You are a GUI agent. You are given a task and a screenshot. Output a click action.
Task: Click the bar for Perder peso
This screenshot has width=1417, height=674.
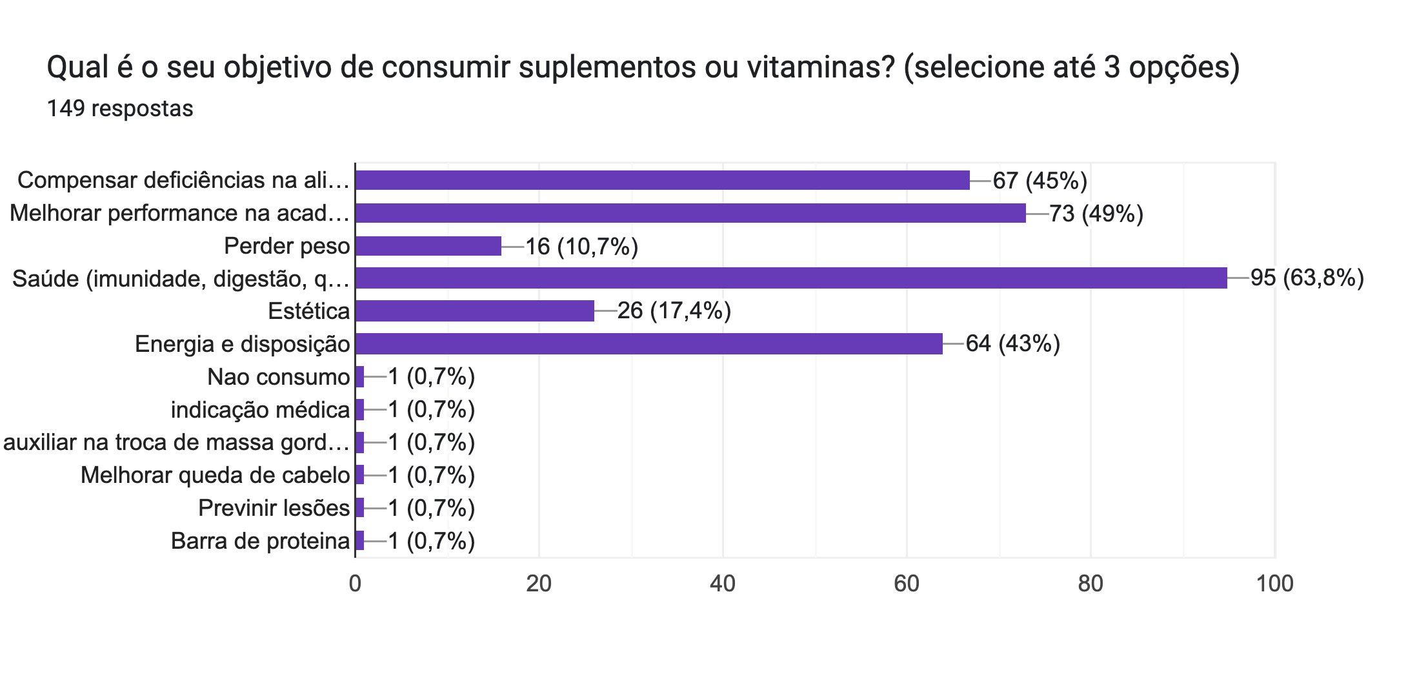coord(428,246)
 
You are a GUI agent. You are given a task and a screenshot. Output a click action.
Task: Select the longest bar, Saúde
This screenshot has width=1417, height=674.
coord(791,278)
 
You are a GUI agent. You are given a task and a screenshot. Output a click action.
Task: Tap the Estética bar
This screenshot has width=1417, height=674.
coord(474,311)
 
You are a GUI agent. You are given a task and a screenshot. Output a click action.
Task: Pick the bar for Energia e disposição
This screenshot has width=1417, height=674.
coord(648,344)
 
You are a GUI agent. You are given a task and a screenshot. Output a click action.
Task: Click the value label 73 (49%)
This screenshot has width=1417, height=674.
coord(1096,213)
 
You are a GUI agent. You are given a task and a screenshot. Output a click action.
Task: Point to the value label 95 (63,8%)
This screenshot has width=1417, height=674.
coord(1307,278)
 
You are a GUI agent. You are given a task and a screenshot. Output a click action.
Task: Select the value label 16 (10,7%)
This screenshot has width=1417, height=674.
coord(581,246)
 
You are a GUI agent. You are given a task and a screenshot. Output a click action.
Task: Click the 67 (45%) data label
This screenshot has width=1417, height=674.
coord(1040,180)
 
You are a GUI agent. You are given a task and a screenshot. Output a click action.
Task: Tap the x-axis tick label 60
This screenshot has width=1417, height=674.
coord(906,584)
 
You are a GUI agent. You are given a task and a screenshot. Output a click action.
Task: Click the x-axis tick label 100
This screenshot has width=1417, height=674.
coord(1274,584)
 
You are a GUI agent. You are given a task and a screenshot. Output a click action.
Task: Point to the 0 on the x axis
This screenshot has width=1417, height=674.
coord(355,584)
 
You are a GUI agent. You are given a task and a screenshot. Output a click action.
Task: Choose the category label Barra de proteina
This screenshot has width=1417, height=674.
coord(260,541)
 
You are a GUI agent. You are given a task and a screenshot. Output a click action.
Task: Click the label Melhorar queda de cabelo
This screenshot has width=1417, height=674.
coord(215,475)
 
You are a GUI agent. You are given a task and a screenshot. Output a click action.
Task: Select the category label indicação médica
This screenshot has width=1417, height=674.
coord(260,410)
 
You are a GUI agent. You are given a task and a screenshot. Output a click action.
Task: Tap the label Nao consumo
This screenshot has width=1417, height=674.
coord(278,377)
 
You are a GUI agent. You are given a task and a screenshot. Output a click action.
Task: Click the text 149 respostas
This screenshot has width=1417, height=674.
coord(120,108)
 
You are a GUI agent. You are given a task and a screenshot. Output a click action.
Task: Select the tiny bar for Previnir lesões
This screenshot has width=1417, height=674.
coord(359,508)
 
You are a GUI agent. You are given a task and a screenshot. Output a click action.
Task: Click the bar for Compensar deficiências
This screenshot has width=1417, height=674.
coord(662,180)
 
